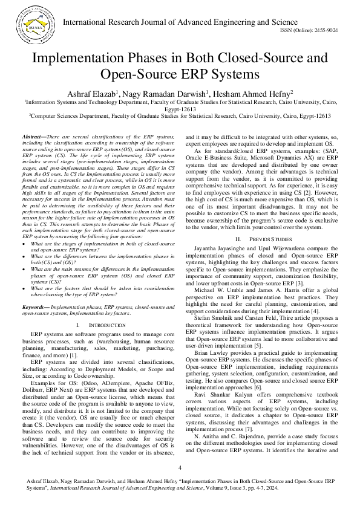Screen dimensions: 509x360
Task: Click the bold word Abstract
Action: pyautogui.click(x=36, y=138)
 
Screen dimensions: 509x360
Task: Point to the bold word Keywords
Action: pyautogui.click(x=35, y=307)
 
